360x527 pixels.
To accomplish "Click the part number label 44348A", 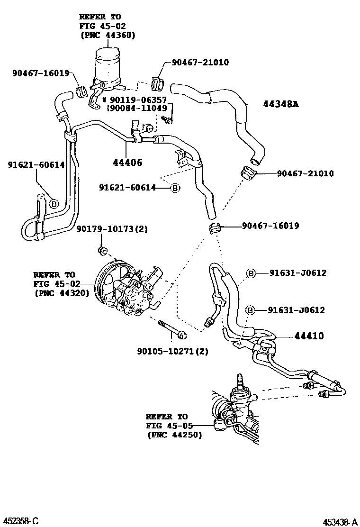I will tap(281, 104).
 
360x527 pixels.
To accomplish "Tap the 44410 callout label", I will tap(309, 336).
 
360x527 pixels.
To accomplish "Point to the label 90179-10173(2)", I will tap(112, 229).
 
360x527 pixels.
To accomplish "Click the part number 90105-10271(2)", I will tap(172, 351).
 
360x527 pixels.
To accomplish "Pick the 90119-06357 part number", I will tap(138, 100).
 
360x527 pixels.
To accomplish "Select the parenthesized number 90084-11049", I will tap(136, 109).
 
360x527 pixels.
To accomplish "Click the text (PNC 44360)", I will tap(107, 35).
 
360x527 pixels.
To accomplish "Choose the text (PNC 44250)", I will tap(174, 435).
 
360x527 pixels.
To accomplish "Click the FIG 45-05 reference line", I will tap(170, 426).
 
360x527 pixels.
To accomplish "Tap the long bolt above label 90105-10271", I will tap(171, 329).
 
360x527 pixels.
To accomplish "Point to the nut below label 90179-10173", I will tap(101, 250).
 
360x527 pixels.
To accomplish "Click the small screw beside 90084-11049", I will tap(167, 121).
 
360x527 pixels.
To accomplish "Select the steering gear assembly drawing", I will tap(234, 412).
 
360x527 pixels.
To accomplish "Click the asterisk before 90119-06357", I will tap(105, 100).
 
